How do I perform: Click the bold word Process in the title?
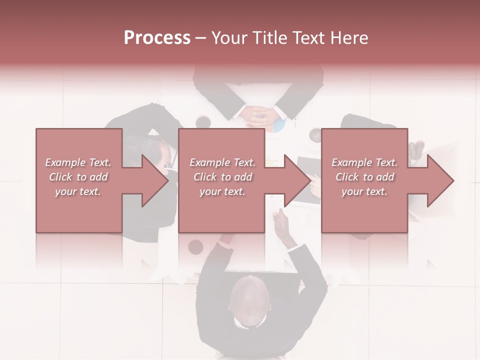click(157, 38)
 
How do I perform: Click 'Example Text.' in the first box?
click(78, 162)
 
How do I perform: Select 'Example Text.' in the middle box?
click(222, 162)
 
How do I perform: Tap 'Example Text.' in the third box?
click(364, 162)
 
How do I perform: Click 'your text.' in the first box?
click(78, 191)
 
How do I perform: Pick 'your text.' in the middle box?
click(222, 191)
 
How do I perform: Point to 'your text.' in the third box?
click(364, 191)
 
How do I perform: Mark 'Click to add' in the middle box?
click(222, 177)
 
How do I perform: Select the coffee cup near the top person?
click(203, 121)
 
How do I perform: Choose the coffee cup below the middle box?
click(195, 246)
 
